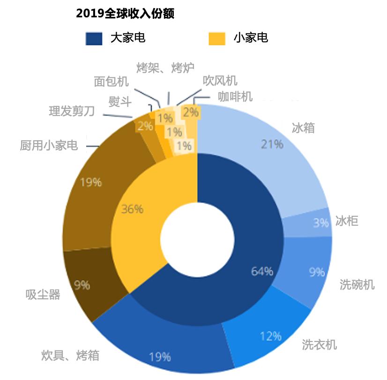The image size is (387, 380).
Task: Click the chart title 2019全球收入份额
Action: tap(125, 14)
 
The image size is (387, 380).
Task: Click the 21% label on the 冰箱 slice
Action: tap(272, 144)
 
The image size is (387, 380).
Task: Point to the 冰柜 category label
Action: tap(347, 221)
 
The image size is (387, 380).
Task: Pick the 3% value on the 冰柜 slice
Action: tap(321, 223)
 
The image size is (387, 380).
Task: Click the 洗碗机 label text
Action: tap(357, 284)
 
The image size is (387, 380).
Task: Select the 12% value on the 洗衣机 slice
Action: tap(270, 336)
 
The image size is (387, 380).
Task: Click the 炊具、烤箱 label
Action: tap(70, 355)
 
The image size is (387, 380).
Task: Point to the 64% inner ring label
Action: tap(262, 271)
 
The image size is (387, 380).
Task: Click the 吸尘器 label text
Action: tap(43, 295)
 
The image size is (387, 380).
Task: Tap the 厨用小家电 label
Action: tap(49, 145)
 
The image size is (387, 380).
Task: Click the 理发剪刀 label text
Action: tap(72, 111)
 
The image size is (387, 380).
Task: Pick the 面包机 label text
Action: tap(111, 82)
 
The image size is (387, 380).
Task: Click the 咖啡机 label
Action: tap(235, 97)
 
